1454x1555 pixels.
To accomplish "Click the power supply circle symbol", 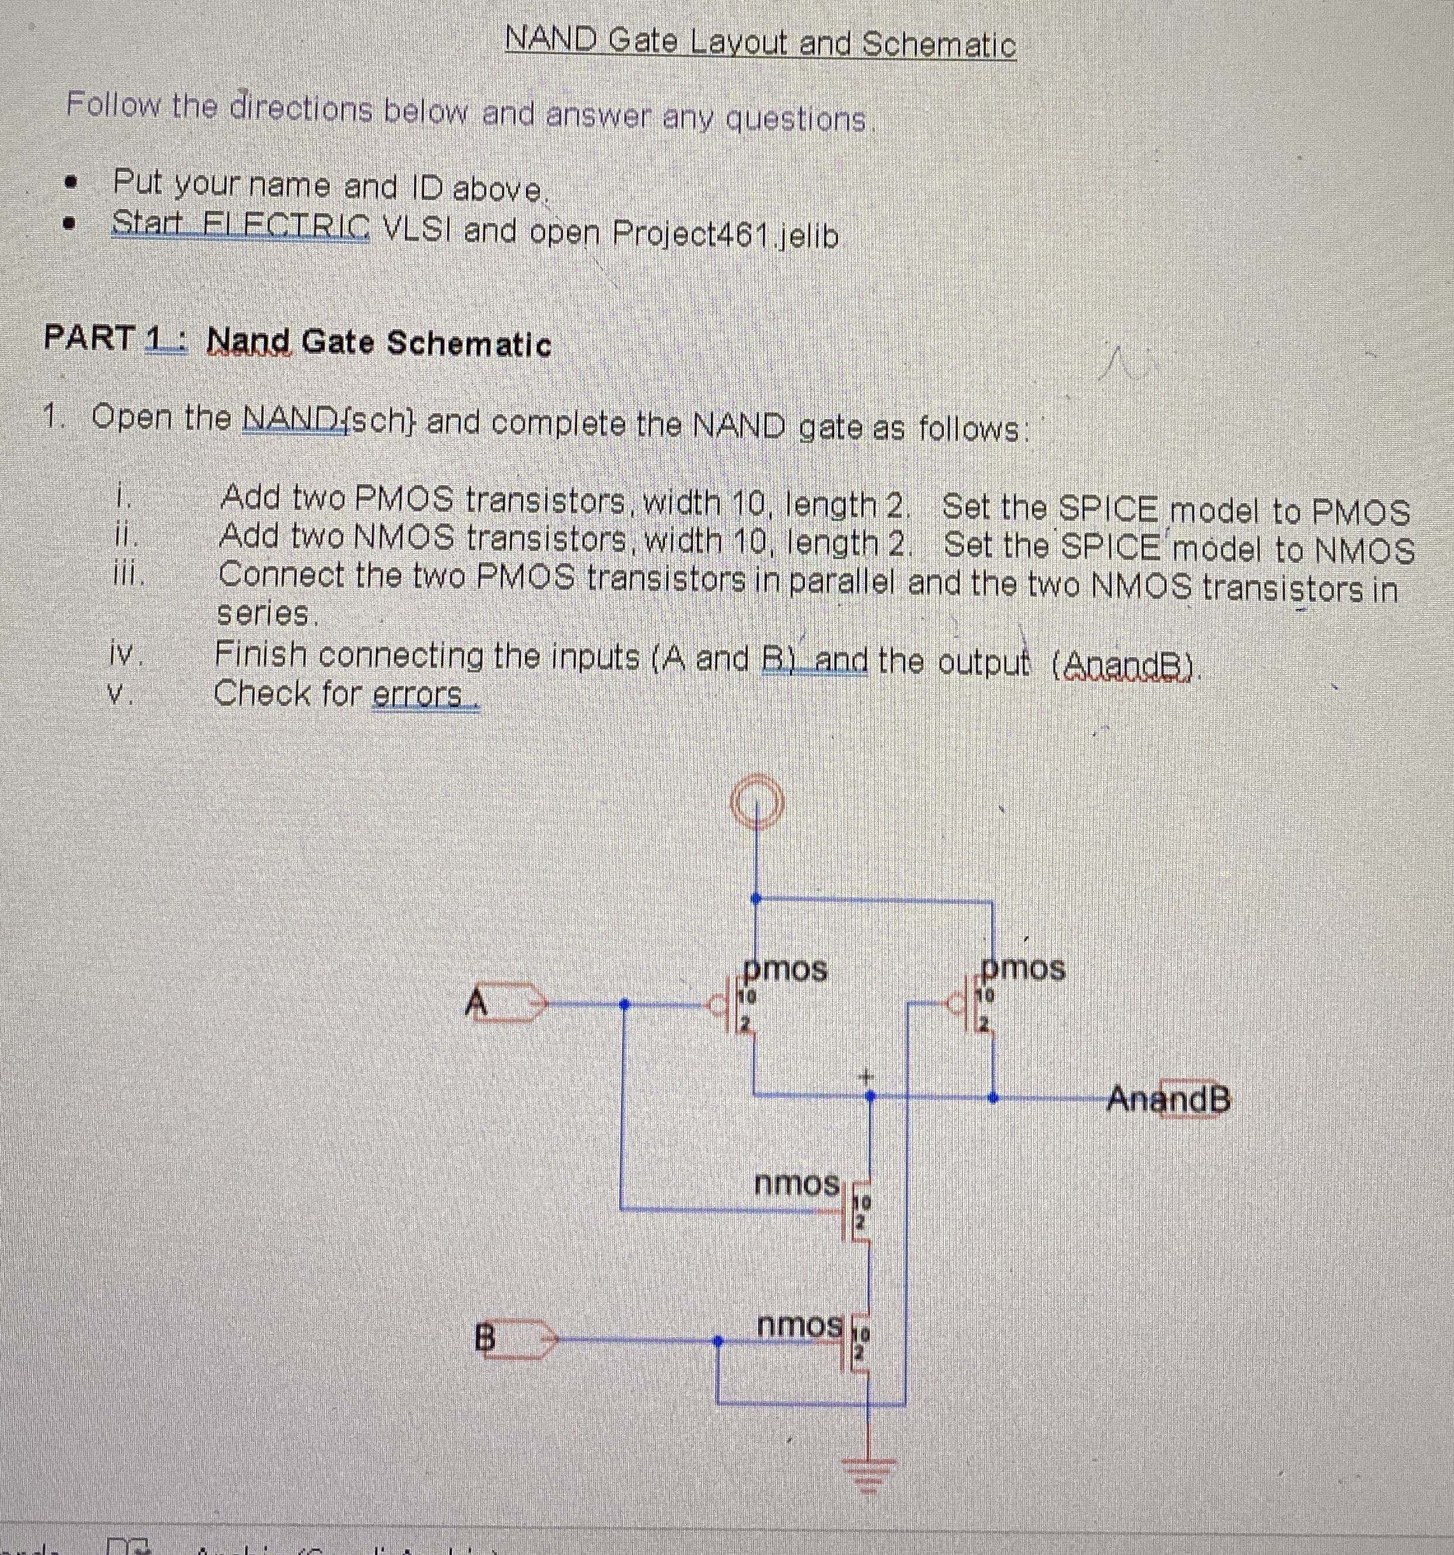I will (755, 802).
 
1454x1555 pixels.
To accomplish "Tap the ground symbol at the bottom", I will (867, 1473).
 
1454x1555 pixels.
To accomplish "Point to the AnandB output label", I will (1169, 1100).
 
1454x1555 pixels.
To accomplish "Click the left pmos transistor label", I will (785, 970).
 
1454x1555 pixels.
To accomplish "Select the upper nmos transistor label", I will (796, 1184).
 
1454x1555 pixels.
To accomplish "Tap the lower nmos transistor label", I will (799, 1325).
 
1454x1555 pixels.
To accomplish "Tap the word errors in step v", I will (418, 695).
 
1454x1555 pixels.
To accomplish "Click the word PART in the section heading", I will (89, 338).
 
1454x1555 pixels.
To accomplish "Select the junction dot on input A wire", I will (624, 1004).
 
